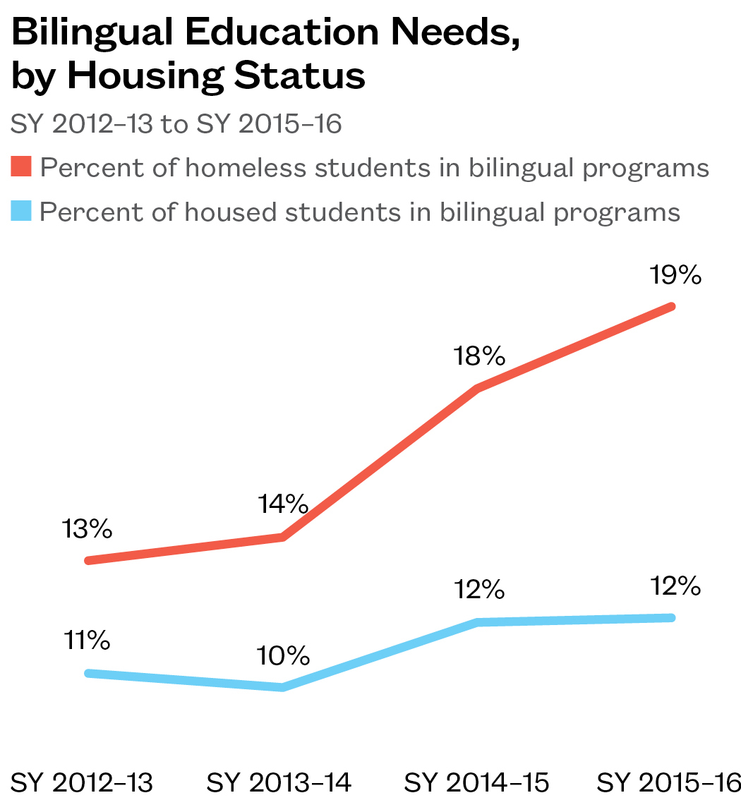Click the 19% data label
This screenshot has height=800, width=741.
pos(676,275)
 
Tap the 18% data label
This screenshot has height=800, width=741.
pos(480,356)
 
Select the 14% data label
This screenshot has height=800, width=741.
pos(283,504)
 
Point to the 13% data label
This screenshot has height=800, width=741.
pos(88,530)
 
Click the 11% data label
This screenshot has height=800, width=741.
pos(87,641)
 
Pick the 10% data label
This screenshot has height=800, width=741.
pos(283,656)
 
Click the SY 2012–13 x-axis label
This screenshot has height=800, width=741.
pos(83,782)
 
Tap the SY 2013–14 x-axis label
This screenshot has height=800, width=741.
pos(279,782)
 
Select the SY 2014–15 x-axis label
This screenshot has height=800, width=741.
pos(476,782)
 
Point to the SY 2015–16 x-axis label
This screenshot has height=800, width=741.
pos(669,782)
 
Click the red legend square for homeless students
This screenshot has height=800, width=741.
pos(22,168)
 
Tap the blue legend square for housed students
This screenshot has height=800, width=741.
pos(22,212)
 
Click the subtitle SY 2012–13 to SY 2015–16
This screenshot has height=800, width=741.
pos(176,124)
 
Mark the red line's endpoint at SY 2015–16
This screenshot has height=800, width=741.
pos(671,306)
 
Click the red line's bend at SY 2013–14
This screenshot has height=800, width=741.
pos(283,538)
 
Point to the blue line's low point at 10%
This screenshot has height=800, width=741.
pos(283,687)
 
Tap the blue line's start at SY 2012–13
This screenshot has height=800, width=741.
pos(88,673)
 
